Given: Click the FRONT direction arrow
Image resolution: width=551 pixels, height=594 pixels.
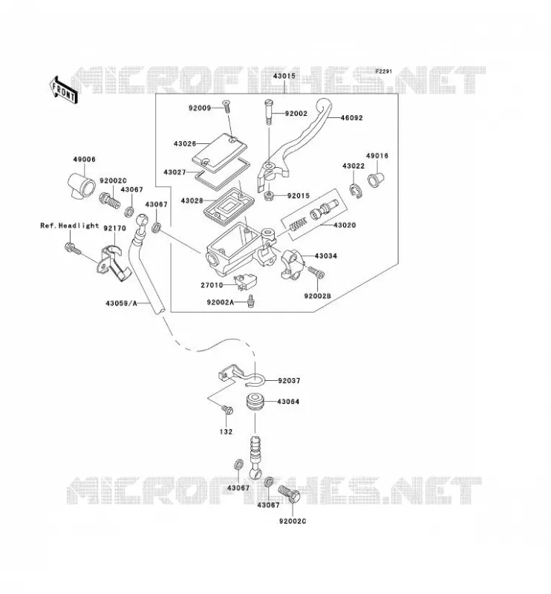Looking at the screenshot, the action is tap(63, 90).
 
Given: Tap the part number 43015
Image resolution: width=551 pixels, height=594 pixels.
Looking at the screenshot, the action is tap(284, 76).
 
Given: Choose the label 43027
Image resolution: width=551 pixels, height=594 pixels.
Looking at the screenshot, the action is tap(175, 172).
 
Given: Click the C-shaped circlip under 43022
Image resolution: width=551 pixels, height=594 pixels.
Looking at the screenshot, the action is tap(356, 191).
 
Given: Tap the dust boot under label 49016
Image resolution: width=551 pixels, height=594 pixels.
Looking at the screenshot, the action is tap(376, 179).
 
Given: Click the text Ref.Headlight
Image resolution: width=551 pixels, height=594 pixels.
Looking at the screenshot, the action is tap(69, 226).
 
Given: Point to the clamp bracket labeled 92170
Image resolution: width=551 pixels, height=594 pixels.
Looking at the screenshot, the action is tap(114, 263).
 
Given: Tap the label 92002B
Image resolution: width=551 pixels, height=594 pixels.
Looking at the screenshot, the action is tap(317, 296).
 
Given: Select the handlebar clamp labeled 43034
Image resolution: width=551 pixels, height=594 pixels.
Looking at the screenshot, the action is tap(292, 264).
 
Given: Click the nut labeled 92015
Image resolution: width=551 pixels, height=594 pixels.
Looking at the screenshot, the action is tap(269, 196).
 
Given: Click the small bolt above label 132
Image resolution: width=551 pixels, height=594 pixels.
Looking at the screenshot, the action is tap(227, 410).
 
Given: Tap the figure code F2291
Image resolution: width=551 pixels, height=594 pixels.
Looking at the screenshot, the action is tap(384, 71).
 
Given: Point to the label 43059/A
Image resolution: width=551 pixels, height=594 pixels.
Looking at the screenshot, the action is tap(121, 303).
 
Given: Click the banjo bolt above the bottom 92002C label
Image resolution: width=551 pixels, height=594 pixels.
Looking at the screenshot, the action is tap(290, 494).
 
